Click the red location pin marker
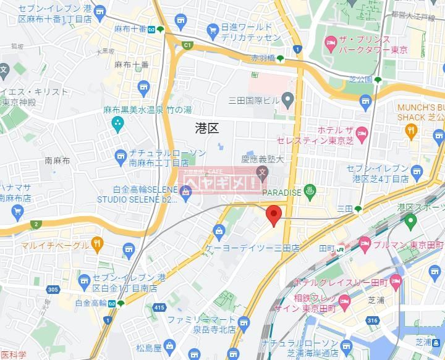point(274,216)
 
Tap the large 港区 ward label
point(206,128)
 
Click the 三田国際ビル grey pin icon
point(287,99)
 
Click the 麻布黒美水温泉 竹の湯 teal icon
point(117,123)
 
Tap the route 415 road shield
point(159,307)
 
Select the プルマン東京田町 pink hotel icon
point(365,245)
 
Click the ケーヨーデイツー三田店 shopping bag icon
point(219,231)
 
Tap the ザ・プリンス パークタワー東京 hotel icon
point(331,44)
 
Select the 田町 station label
point(326,248)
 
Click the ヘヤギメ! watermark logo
point(223,183)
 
